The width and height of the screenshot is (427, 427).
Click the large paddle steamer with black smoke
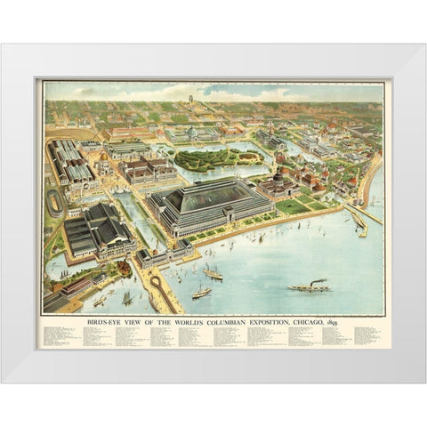(309, 286)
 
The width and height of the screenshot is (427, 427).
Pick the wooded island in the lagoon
(206, 159)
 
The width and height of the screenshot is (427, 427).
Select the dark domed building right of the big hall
(278, 184)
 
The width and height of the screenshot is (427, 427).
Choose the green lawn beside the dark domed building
(294, 206)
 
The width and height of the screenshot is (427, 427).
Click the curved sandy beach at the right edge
(370, 178)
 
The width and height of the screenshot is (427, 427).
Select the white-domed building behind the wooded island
(190, 134)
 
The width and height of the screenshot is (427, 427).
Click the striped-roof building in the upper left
(71, 161)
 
